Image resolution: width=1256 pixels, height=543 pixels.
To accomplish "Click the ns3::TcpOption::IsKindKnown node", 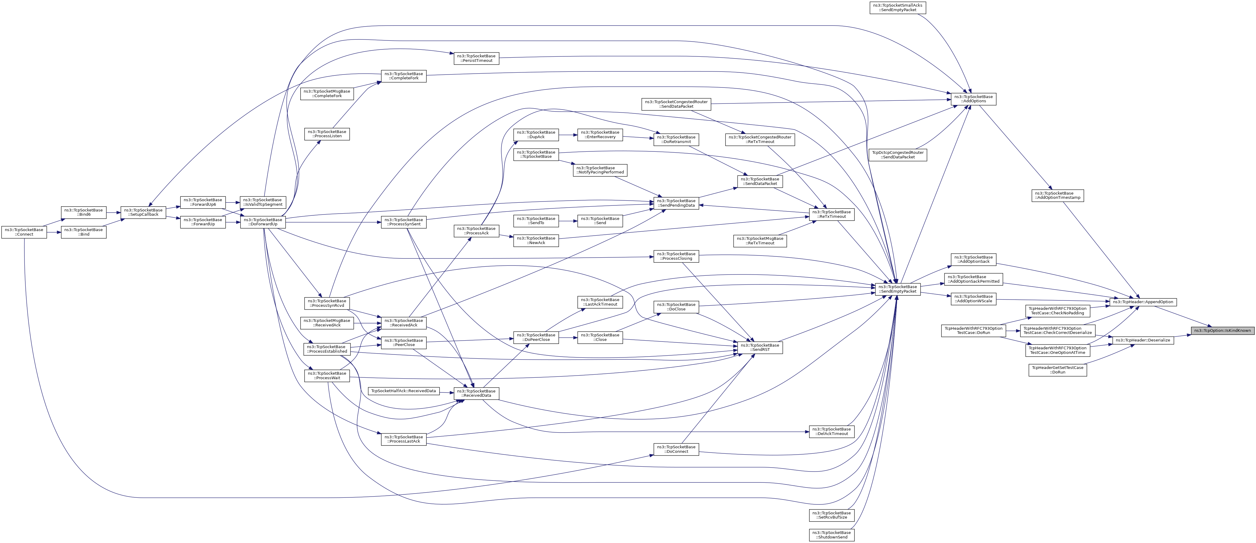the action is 1222,331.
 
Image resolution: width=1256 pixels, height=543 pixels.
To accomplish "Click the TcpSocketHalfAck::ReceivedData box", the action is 404,391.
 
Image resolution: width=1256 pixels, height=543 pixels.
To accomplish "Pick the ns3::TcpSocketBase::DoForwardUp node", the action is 263,222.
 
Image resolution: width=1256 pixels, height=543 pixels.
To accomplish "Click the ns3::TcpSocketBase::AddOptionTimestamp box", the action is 1057,195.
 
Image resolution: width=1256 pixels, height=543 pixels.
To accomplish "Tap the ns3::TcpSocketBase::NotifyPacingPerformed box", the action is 600,170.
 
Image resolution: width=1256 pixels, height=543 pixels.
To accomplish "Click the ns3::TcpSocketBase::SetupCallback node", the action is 143,212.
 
